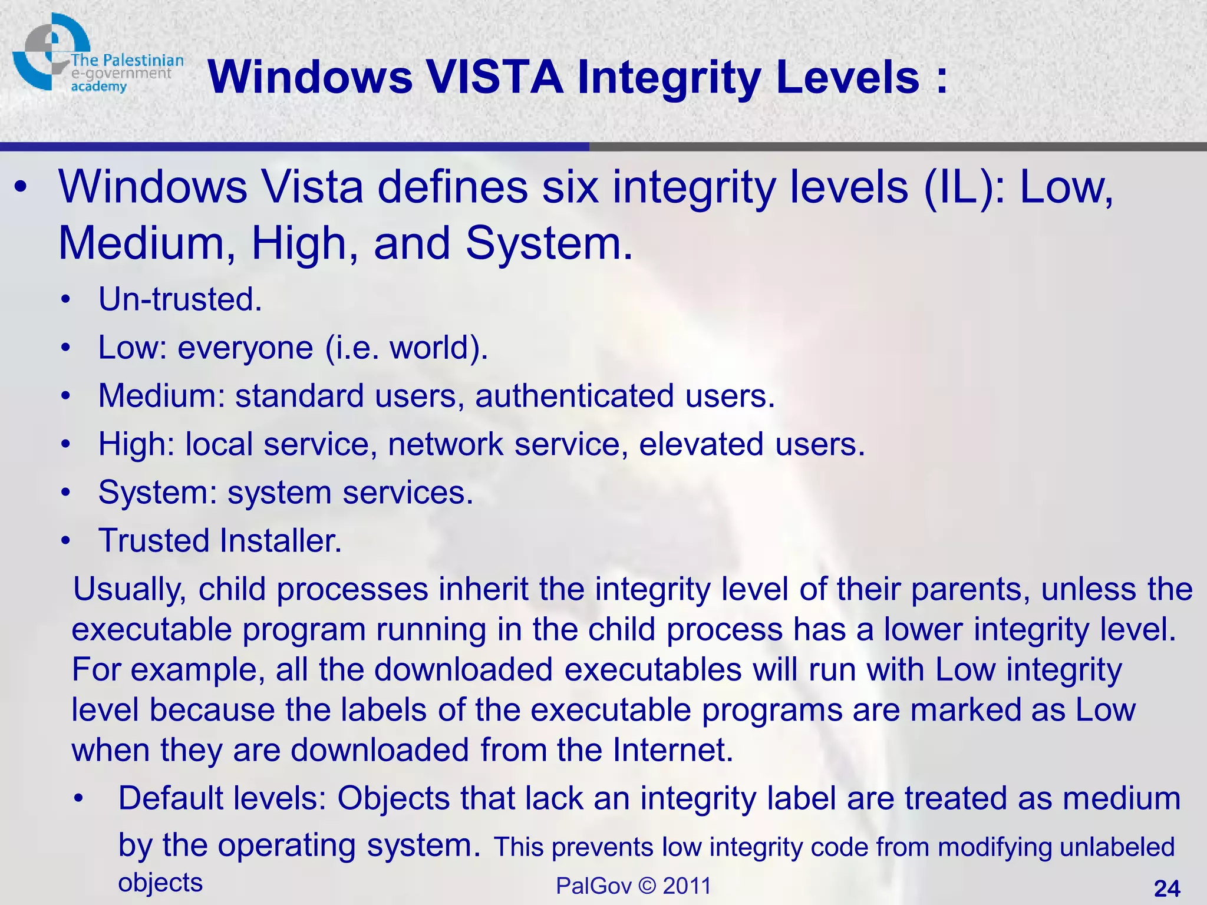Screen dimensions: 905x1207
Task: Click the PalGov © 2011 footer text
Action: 634,886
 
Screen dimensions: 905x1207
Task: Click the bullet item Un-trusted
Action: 180,299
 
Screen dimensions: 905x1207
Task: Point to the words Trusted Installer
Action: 220,540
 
